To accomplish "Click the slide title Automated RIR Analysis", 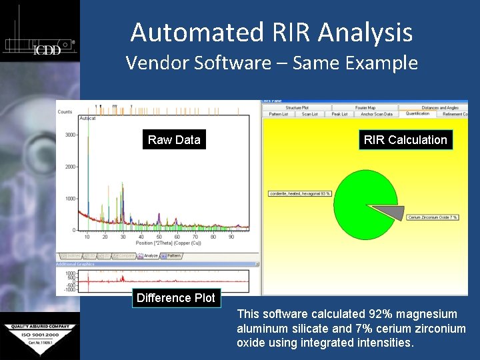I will (x=271, y=32).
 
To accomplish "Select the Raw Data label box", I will (x=174, y=139).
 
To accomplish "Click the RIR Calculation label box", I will (x=405, y=139).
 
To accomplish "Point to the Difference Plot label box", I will (x=176, y=298).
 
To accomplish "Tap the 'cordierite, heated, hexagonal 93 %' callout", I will (x=300, y=194).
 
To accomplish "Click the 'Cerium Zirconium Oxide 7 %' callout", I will (x=433, y=217).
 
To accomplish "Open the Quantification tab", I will (x=418, y=114).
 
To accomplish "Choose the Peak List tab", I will (x=340, y=114).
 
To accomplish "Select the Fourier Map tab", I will (x=365, y=107).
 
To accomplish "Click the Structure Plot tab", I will (x=297, y=107).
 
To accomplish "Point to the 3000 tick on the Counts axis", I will (x=69, y=135).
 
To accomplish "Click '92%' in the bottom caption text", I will (x=381, y=314).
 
